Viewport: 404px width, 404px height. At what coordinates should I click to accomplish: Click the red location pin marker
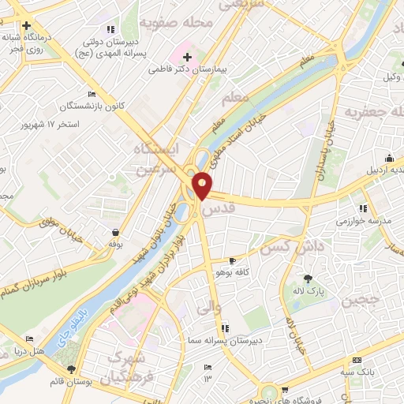click(x=203, y=185)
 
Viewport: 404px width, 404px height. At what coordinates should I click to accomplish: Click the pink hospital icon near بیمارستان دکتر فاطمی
click(x=187, y=56)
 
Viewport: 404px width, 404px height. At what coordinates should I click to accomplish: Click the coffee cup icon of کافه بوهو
click(x=232, y=260)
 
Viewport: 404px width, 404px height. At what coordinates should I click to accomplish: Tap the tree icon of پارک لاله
click(x=308, y=278)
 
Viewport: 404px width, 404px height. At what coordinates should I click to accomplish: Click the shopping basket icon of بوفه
click(x=117, y=233)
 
